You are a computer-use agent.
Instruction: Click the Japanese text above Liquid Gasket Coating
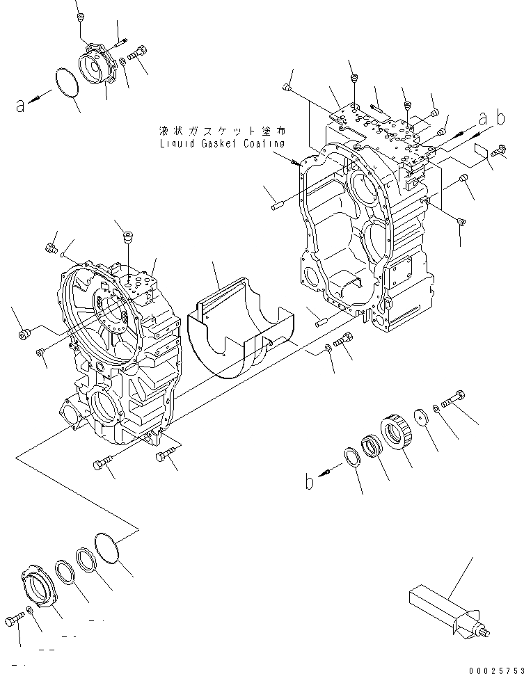tap(222, 131)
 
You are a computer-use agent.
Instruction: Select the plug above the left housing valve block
tap(127, 239)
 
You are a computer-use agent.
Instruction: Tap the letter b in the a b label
tap(500, 118)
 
